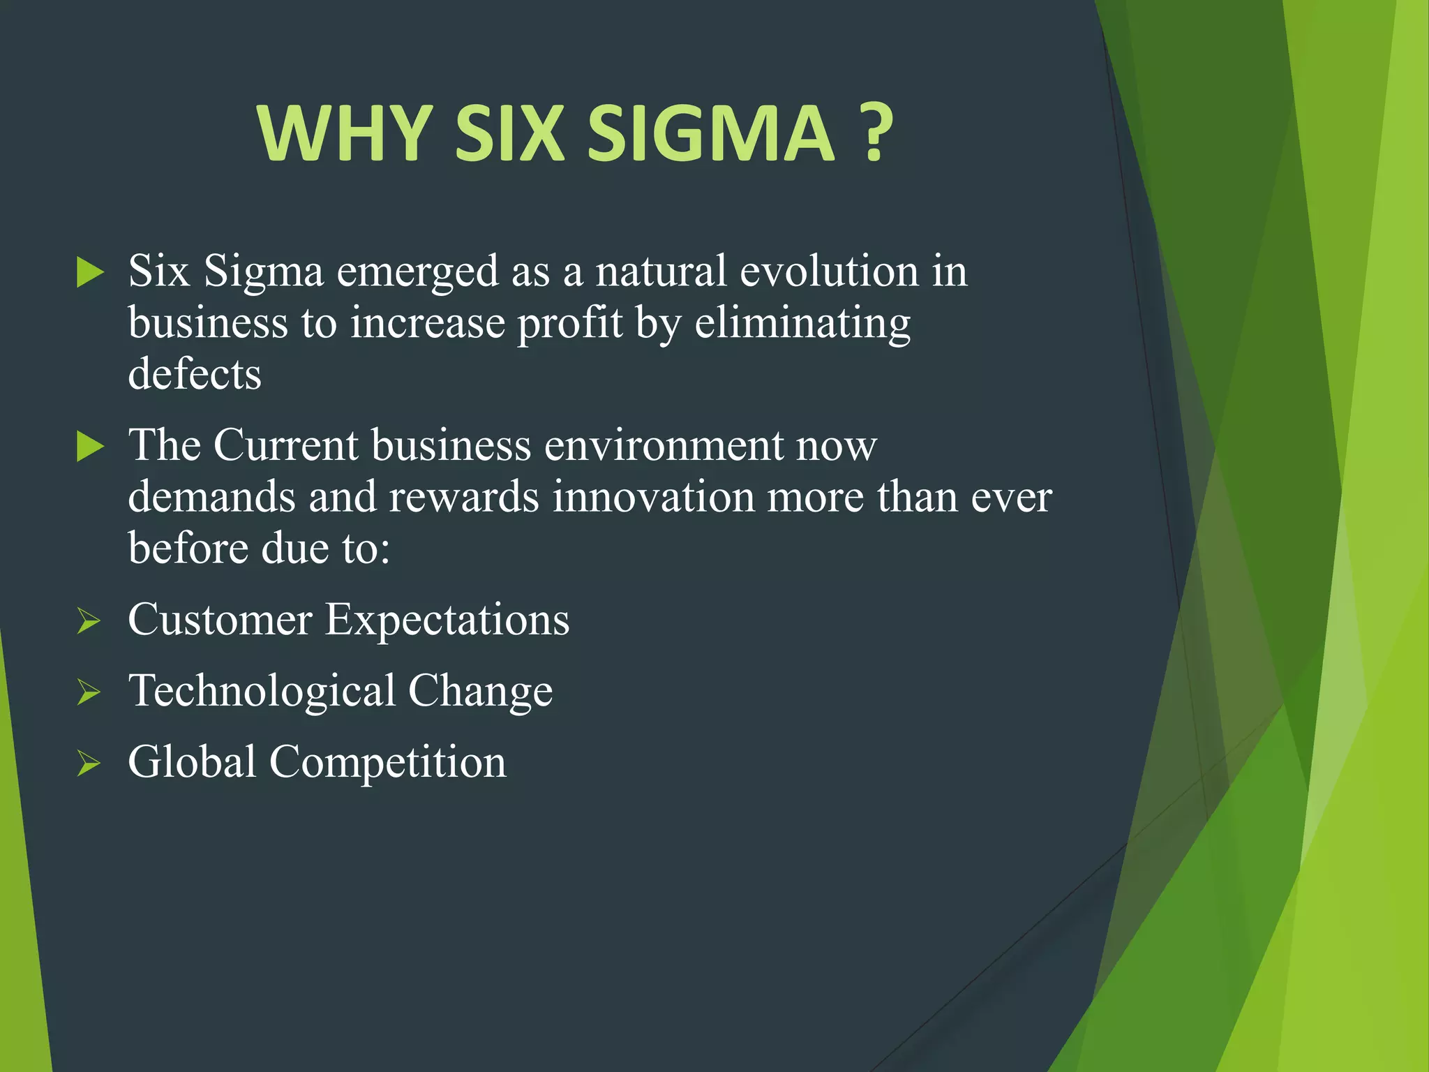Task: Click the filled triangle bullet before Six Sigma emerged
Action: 90,272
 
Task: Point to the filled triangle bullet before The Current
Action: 90,446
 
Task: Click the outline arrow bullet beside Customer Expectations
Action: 89,620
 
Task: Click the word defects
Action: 195,374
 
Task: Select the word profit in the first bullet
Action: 569,324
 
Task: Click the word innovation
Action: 653,498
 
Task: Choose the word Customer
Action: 220,620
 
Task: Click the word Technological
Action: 262,691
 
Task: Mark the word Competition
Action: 387,762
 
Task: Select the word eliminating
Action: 802,324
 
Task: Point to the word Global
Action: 192,762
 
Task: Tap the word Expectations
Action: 447,620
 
